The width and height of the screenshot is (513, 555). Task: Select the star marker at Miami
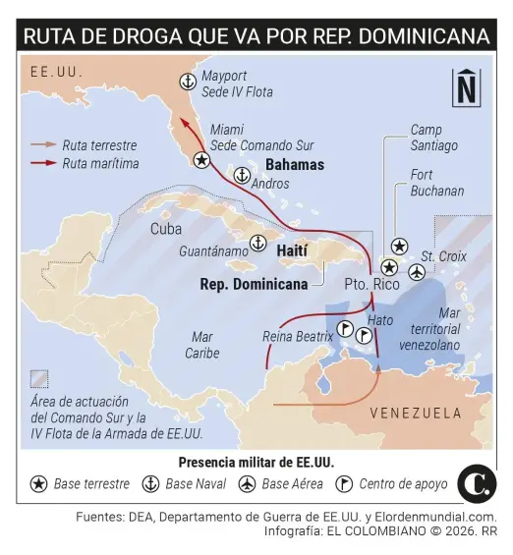tap(201, 159)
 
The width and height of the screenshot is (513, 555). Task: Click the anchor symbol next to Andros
tap(241, 175)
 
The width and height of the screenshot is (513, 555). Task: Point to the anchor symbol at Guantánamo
tap(257, 243)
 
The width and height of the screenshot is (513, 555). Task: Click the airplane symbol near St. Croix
tap(417, 272)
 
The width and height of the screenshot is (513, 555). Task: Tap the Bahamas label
tap(295, 164)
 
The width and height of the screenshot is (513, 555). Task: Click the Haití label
tap(293, 251)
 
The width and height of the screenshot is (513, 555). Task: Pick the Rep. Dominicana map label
tap(254, 284)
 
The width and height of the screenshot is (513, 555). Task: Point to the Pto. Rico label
tap(371, 284)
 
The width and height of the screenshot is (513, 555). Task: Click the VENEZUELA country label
tap(416, 413)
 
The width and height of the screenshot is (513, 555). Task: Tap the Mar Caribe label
tap(202, 345)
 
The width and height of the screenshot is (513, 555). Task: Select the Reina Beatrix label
tap(298, 336)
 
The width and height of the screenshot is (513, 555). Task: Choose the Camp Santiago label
tap(433, 138)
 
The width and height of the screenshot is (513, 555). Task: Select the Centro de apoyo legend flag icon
tap(344, 483)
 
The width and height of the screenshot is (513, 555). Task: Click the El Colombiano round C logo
tap(477, 484)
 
